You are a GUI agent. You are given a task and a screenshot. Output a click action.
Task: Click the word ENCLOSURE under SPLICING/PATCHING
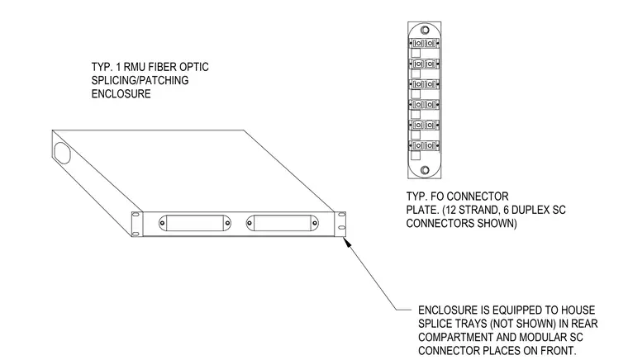(121, 94)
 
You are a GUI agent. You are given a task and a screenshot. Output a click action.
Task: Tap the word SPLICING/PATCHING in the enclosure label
(140, 80)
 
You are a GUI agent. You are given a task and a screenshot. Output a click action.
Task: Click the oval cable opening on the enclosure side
(63, 153)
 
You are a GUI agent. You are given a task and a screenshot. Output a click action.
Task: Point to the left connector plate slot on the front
(195, 223)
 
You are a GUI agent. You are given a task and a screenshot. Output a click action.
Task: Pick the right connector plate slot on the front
(283, 223)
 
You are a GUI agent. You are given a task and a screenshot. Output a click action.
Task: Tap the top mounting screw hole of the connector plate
(425, 30)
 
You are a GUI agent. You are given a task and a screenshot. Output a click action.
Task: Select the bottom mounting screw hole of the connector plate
(425, 170)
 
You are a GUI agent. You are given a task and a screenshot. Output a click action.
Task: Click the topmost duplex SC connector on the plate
(424, 43)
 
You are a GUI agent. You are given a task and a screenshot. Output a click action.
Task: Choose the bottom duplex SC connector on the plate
(424, 145)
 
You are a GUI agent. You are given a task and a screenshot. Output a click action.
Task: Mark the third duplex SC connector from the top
(424, 84)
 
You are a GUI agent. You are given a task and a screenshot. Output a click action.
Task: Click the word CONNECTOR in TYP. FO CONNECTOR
(478, 197)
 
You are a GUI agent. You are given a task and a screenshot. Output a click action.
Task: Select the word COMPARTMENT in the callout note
(454, 337)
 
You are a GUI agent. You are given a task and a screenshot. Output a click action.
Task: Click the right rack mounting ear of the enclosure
(340, 224)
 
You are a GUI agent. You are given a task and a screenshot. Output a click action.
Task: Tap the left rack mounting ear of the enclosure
(137, 224)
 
